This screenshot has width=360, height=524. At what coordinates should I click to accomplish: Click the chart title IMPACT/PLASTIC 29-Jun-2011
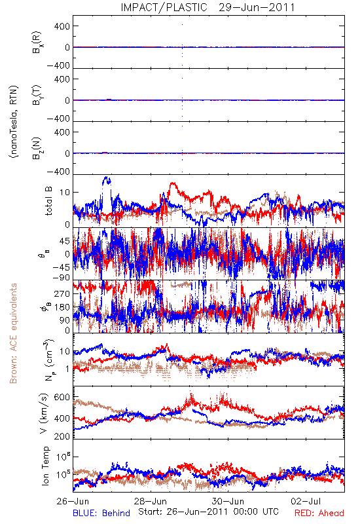point(207,7)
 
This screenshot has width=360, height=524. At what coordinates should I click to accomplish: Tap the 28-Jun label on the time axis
point(151,501)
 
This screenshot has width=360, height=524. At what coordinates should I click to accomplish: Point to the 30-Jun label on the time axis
point(228,501)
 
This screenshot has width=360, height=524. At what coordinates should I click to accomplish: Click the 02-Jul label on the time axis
point(306,501)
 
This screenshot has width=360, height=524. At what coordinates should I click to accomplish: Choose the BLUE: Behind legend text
point(101,513)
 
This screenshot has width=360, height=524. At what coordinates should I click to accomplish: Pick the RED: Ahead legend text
point(319,513)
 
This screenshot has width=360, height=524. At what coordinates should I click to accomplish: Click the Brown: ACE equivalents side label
point(13,333)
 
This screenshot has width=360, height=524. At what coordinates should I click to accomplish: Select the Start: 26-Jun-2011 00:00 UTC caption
point(208,512)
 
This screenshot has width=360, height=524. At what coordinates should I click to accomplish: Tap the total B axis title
point(48,201)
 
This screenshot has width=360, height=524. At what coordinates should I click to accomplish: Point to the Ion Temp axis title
point(45,466)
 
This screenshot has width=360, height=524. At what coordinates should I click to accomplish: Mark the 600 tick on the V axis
point(62,397)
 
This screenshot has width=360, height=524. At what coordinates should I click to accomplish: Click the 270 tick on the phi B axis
point(62,293)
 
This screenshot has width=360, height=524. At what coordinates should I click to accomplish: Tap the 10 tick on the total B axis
point(65,192)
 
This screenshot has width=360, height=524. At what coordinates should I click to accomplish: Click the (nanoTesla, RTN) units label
point(14,122)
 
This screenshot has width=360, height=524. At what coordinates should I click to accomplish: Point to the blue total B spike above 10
point(107,181)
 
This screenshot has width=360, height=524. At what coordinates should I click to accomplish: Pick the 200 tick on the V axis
point(62,436)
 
